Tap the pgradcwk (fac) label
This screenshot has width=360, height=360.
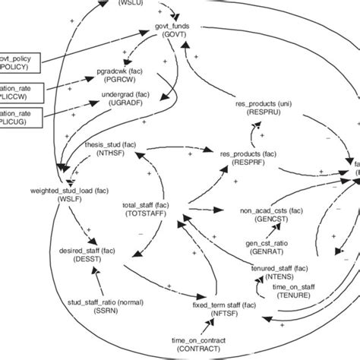[118, 71]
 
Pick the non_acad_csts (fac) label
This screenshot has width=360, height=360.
[268, 212]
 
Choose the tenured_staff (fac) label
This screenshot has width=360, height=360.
[279, 268]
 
